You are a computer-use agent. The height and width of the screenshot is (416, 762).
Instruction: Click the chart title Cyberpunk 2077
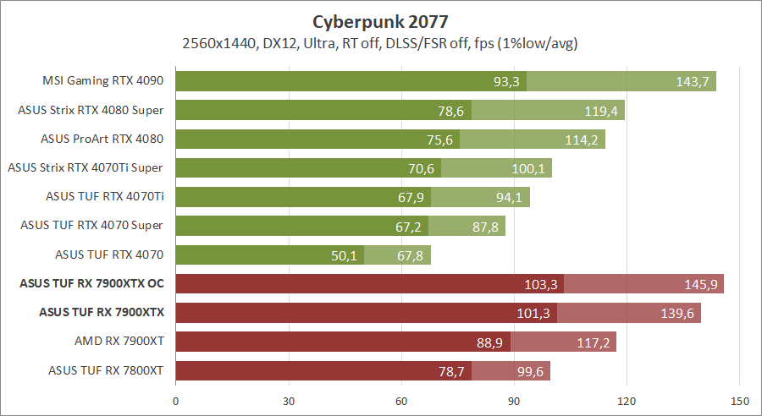click(380, 19)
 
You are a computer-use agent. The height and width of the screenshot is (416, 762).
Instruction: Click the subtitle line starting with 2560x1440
click(380, 43)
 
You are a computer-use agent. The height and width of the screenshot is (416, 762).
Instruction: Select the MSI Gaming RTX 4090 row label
click(102, 81)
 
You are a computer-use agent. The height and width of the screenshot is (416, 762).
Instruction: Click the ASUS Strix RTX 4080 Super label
click(91, 110)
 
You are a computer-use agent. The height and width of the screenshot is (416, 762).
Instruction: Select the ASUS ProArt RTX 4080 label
click(102, 139)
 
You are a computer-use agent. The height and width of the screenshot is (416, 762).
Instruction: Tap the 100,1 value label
click(529, 168)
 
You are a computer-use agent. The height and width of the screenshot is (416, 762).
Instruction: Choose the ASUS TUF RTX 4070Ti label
click(104, 196)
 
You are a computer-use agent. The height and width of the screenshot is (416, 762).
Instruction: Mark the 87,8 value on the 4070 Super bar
click(483, 226)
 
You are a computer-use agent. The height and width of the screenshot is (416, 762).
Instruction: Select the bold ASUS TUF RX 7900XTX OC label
click(91, 283)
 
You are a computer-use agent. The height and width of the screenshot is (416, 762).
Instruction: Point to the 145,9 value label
click(701, 284)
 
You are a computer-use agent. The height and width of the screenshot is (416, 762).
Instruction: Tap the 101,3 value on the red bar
click(534, 313)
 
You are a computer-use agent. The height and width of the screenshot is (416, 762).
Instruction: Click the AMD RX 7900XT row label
click(119, 341)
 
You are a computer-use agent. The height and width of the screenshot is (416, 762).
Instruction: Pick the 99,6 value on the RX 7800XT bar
click(527, 370)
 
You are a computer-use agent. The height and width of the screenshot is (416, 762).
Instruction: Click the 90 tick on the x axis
click(514, 400)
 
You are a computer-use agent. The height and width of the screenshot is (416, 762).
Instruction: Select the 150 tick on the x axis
click(739, 400)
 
